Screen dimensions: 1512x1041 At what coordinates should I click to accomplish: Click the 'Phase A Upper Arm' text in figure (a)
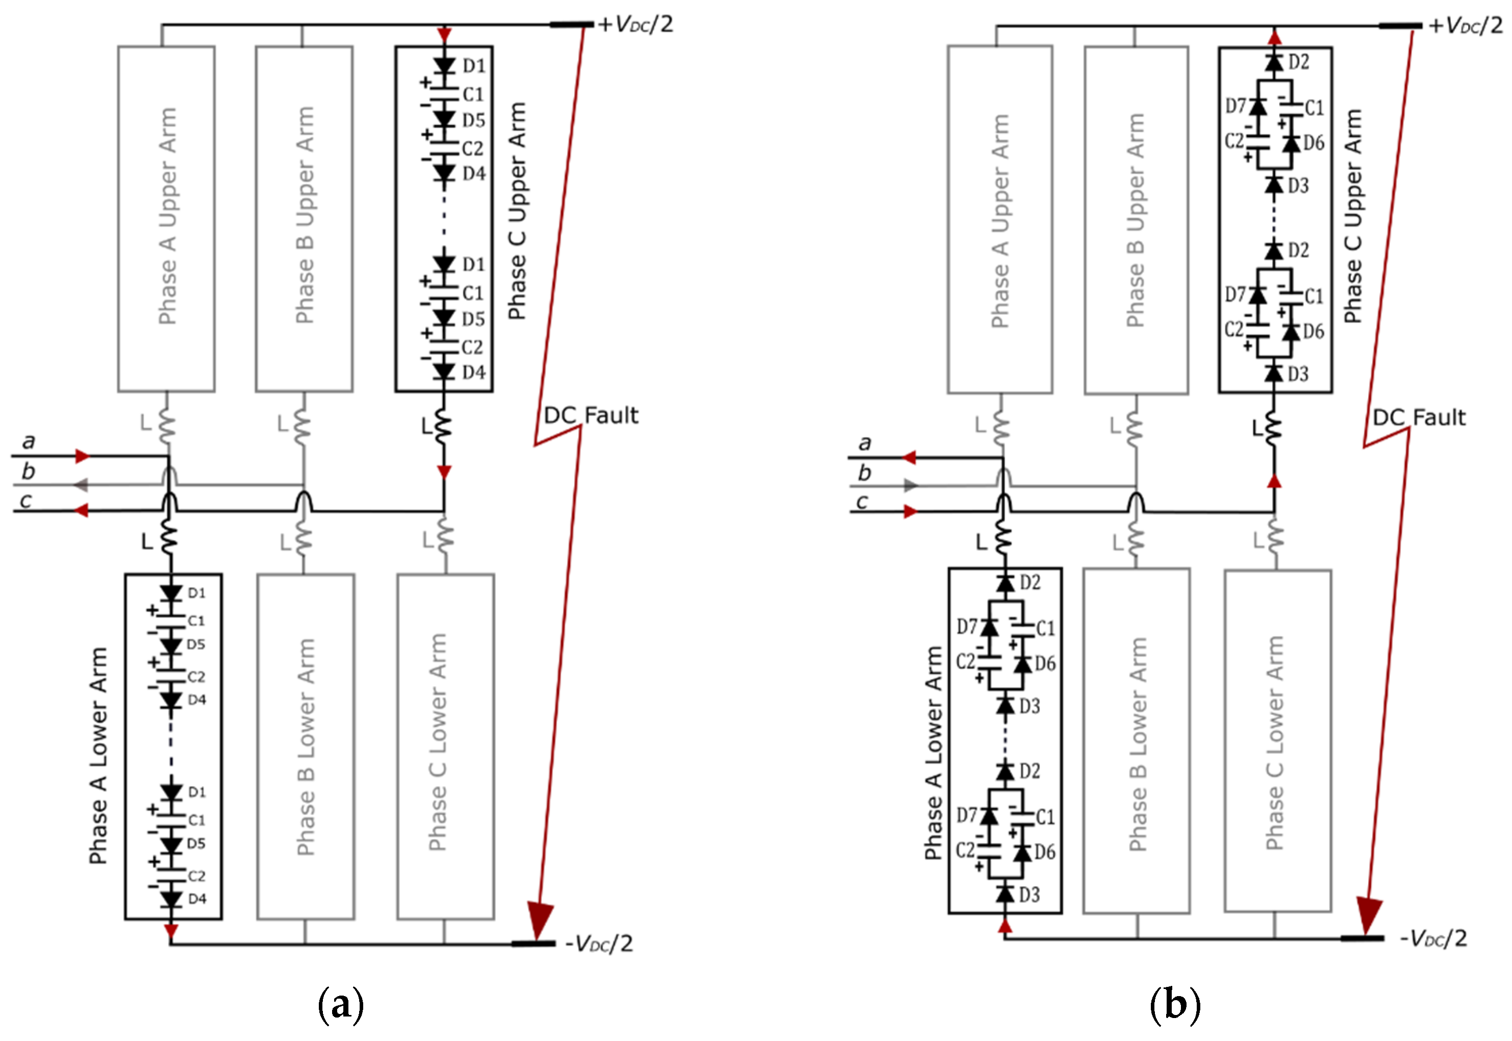(167, 216)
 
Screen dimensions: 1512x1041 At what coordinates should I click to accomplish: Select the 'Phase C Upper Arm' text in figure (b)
(1353, 216)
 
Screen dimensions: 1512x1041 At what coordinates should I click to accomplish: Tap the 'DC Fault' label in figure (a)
(591, 415)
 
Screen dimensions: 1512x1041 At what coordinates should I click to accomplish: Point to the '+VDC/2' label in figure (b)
(1466, 26)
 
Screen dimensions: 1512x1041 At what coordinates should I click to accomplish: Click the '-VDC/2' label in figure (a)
(598, 943)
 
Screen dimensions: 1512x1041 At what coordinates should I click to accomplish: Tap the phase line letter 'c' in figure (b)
(862, 502)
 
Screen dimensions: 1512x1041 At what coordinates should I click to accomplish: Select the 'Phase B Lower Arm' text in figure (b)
(1137, 744)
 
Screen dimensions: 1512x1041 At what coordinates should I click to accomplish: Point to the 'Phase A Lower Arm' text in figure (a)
(98, 756)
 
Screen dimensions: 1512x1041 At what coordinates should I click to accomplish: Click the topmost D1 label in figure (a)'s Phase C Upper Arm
(474, 66)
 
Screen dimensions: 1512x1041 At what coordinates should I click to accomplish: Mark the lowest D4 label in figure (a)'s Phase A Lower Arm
(197, 899)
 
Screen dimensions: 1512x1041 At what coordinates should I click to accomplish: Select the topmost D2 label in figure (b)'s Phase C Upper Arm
(1299, 62)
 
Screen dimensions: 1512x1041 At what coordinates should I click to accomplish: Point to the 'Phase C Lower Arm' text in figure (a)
(438, 743)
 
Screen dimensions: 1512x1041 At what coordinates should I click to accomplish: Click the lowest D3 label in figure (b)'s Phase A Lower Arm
(1029, 895)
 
